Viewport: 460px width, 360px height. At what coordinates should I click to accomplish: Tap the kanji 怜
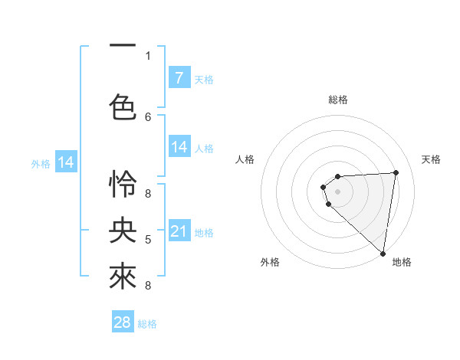coord(122,184)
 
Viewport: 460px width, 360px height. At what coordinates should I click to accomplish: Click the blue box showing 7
coord(179,78)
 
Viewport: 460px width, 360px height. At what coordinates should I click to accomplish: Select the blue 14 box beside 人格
coord(179,147)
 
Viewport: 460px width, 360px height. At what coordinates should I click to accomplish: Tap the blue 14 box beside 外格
coord(66,162)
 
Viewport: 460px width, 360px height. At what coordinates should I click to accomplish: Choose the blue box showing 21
coord(179,231)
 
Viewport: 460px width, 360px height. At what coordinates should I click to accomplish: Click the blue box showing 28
coord(123,322)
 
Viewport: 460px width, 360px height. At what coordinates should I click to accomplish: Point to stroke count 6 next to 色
coord(148,116)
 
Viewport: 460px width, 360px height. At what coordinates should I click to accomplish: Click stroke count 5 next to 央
coord(148,240)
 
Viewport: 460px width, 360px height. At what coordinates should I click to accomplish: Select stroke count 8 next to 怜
coord(148,193)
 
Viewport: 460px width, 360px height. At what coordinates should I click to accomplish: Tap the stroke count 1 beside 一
coord(148,55)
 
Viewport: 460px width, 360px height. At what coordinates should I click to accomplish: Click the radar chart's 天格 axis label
coord(432,159)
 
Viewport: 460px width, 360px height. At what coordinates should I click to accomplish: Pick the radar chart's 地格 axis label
coord(402,262)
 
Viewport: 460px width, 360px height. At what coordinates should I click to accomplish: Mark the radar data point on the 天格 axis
coord(396,172)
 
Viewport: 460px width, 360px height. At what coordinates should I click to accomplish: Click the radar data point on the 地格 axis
coord(382,253)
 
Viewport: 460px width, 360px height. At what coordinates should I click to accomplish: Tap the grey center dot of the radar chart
coord(337,191)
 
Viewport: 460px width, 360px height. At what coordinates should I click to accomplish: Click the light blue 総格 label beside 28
coord(147,324)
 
